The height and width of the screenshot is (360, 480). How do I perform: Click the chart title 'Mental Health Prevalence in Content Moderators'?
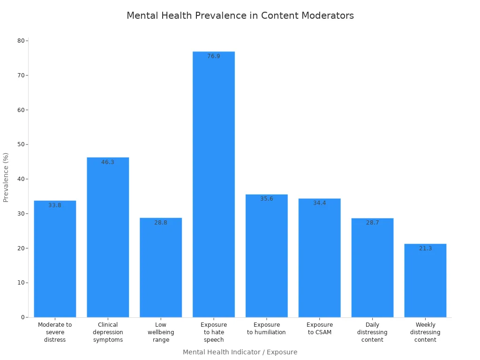(x=240, y=15)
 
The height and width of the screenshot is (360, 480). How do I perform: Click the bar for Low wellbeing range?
(x=161, y=267)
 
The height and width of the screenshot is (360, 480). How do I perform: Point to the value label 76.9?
(x=214, y=56)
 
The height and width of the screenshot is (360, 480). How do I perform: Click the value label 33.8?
(x=55, y=205)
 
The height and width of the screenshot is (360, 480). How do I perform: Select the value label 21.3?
(x=425, y=248)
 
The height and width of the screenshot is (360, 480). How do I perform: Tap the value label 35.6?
(x=267, y=199)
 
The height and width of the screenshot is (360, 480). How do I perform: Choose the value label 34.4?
(x=320, y=203)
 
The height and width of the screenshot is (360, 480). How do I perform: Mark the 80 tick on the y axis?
(x=21, y=41)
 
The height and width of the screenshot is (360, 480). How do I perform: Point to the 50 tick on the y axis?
(x=21, y=144)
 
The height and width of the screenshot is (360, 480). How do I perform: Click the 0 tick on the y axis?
(x=22, y=317)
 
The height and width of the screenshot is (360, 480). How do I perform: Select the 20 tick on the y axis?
(x=21, y=248)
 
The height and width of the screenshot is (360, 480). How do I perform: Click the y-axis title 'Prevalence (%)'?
(x=6, y=177)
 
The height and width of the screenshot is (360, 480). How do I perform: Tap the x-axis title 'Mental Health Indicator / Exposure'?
(x=240, y=352)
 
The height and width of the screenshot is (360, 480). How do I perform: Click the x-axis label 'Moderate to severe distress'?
(x=55, y=332)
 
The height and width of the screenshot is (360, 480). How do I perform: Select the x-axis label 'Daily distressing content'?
(x=372, y=332)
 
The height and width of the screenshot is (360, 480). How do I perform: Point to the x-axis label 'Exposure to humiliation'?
(x=267, y=329)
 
